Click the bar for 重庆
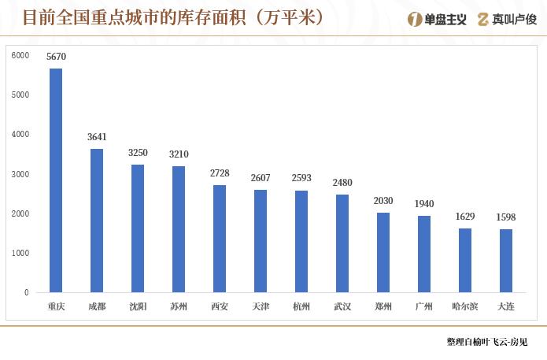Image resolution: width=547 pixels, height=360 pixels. click(56, 180)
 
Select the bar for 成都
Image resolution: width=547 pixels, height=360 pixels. click(97, 221)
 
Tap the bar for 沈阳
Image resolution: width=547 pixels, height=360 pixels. click(138, 228)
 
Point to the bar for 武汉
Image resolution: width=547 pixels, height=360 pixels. click(342, 243)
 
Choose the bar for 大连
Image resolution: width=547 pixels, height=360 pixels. click(506, 261)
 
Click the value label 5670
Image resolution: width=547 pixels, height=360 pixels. click(56, 58)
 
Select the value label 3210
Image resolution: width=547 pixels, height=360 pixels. click(179, 154)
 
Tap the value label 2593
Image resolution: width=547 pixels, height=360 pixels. click(301, 179)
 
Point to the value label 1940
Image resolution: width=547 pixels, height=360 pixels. click(424, 204)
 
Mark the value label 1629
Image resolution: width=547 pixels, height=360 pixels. click(465, 217)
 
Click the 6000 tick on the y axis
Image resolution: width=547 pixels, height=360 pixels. click(21, 55)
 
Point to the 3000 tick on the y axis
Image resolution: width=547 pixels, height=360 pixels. click(21, 174)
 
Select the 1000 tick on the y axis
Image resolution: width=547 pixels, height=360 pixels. click(21, 253)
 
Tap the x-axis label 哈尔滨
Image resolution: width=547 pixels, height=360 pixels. click(465, 306)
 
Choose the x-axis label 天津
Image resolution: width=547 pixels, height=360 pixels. click(261, 306)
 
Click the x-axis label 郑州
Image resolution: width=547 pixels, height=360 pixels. click(383, 306)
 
